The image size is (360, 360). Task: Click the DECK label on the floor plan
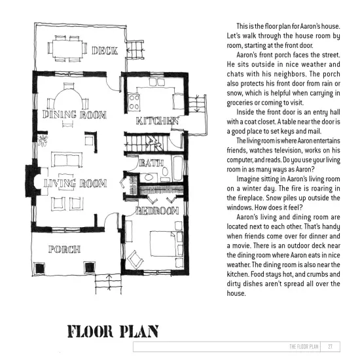(x=104, y=50)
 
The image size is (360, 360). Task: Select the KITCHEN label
(x=156, y=121)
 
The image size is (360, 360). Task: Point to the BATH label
(x=151, y=162)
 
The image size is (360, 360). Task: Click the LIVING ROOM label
(x=75, y=184)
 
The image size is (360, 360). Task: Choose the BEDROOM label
(x=157, y=211)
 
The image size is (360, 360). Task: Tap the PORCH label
(x=64, y=249)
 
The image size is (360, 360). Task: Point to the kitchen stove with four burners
(x=136, y=102)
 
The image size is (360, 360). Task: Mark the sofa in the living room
(x=67, y=159)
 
